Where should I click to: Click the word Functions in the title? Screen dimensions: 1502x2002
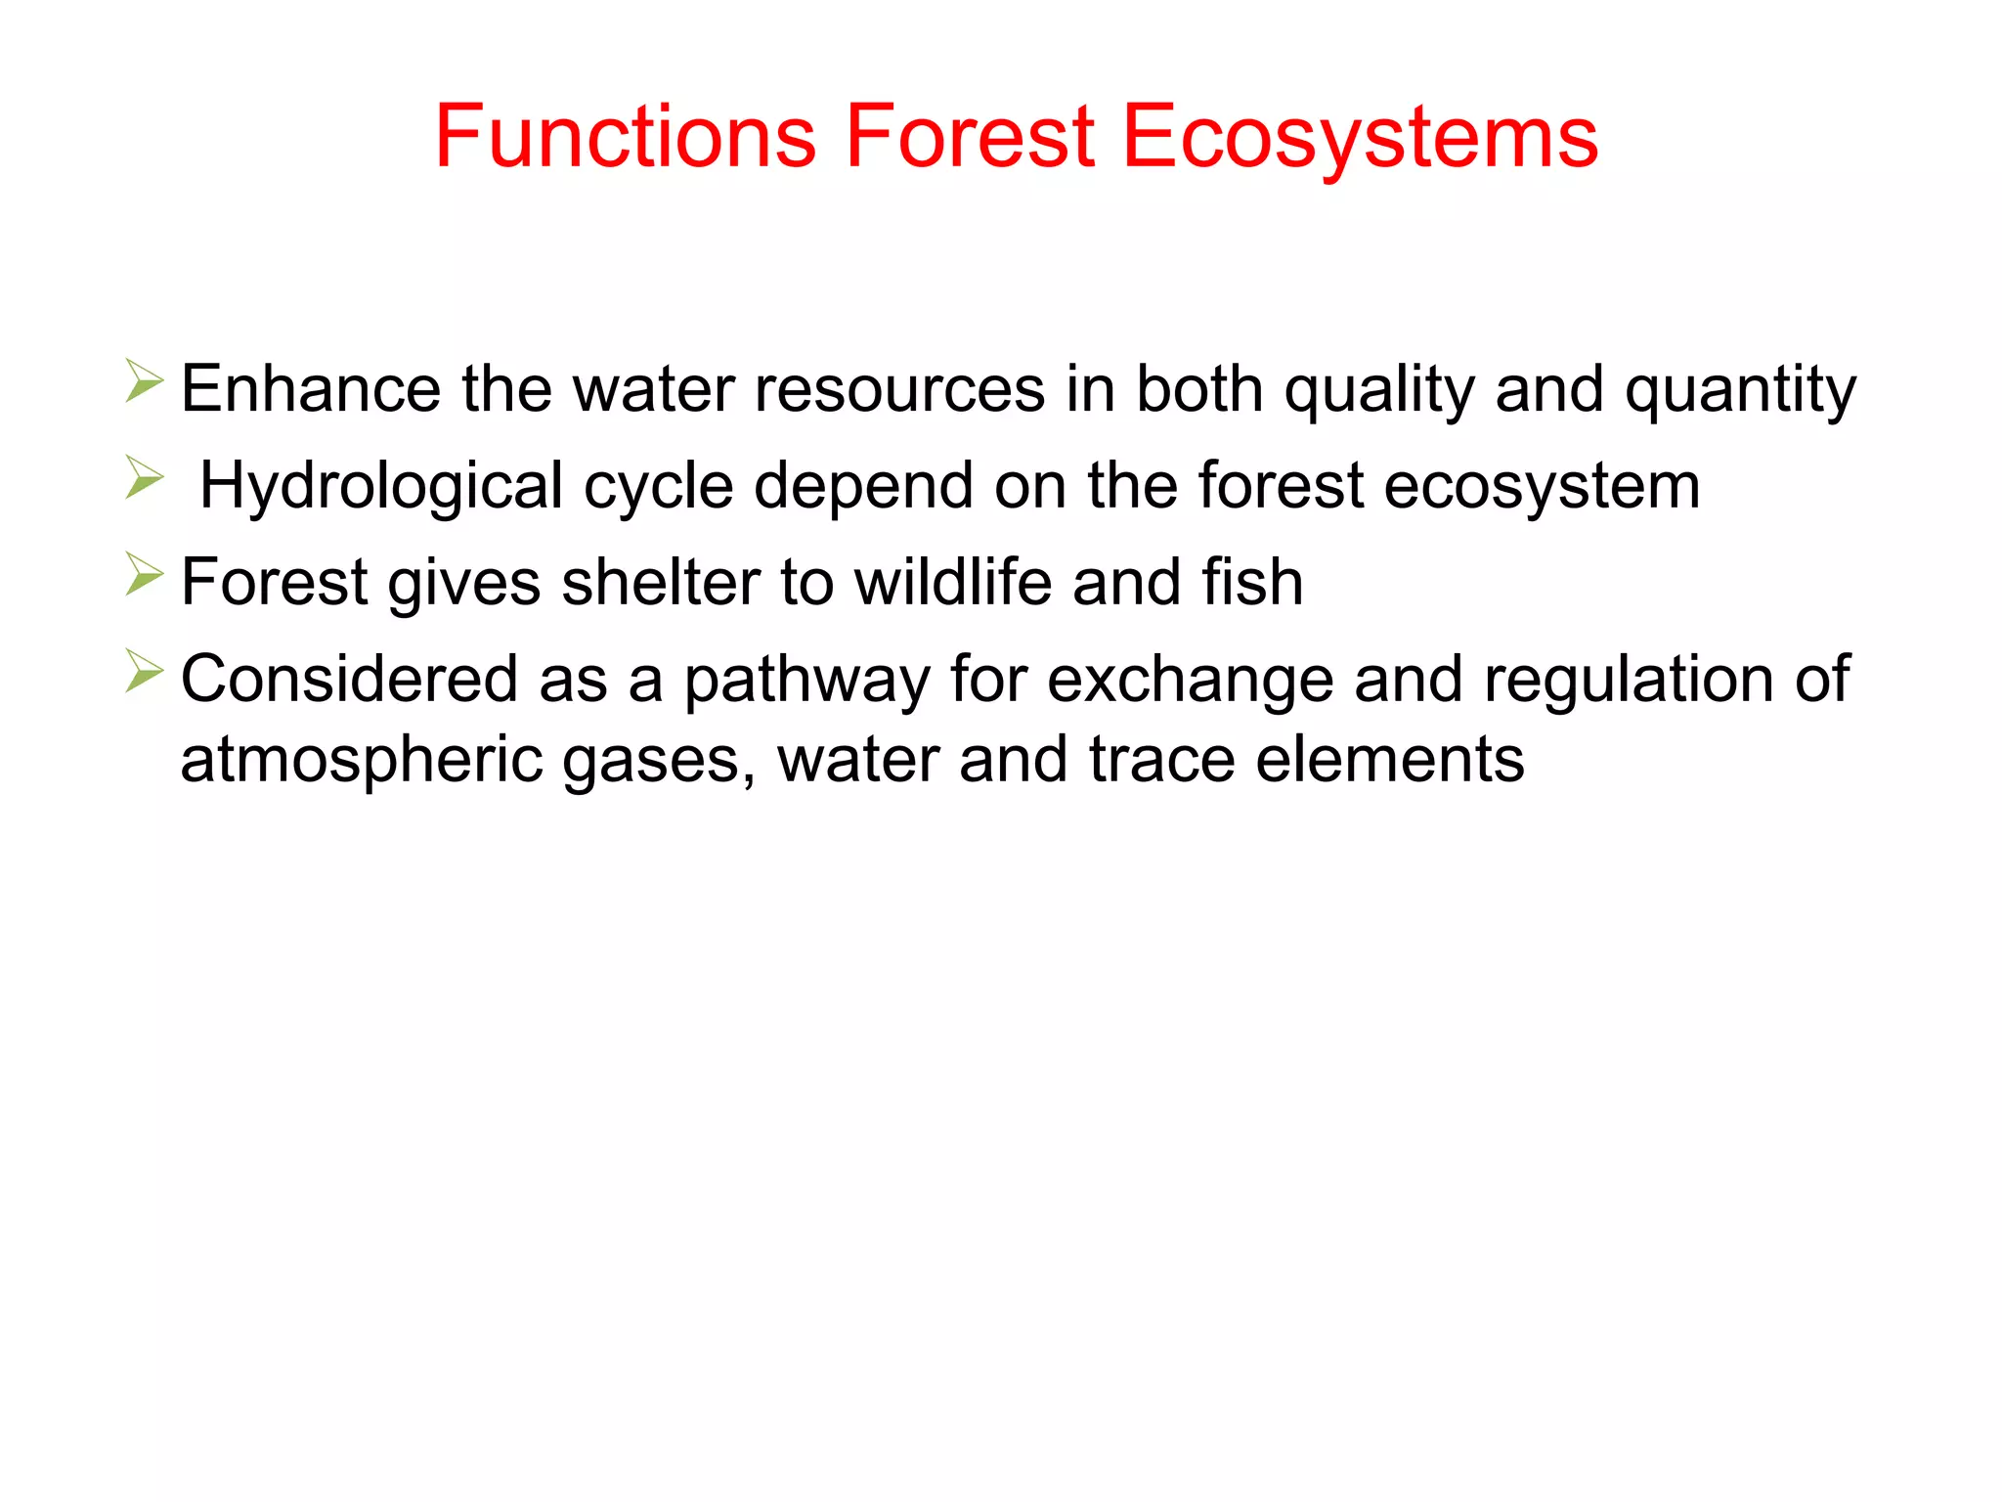[625, 137]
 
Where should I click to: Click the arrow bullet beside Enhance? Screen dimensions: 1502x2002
[144, 381]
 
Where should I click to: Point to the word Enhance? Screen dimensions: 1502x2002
[311, 389]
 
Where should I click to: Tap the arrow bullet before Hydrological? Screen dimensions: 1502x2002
[144, 478]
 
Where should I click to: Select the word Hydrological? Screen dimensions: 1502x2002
[381, 487]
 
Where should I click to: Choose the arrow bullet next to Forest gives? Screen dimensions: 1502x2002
[144, 574]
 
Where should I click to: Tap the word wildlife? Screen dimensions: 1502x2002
[952, 583]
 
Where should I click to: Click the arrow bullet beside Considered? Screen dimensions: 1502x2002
[144, 671]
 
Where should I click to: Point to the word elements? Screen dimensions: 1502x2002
[1389, 761]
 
